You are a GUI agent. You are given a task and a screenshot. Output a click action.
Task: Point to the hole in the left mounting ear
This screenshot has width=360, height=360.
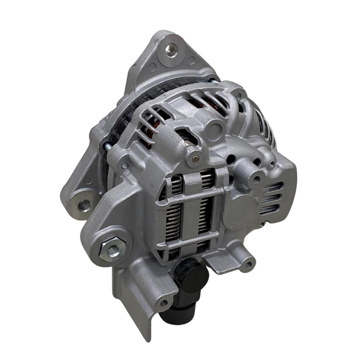click(84, 205)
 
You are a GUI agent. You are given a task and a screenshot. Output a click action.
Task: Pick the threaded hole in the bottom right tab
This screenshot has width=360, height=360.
click(248, 265)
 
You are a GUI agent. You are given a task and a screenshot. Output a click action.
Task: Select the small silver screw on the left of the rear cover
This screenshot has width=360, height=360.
click(125, 165)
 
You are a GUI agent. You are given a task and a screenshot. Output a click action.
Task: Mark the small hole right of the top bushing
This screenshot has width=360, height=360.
click(191, 60)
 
